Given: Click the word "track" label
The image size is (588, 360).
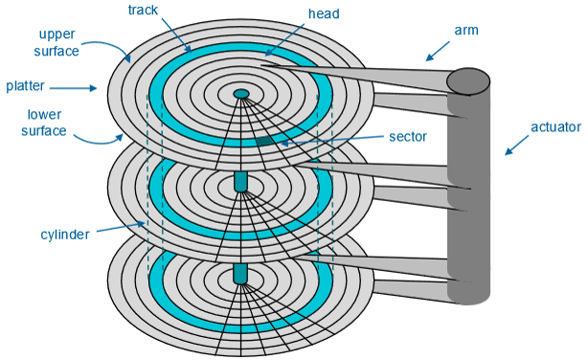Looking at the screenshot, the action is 143,10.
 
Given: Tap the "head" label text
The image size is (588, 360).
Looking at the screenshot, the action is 324,13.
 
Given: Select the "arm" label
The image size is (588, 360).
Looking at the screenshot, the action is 466,30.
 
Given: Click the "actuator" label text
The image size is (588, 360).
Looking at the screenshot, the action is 555,127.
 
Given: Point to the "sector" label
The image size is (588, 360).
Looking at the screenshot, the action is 408,137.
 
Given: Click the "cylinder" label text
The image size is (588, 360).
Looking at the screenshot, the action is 65,235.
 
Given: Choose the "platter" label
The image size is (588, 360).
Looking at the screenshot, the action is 25,86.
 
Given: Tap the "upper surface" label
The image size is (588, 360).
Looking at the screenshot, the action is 57,42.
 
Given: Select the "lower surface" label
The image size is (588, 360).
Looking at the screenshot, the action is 44,123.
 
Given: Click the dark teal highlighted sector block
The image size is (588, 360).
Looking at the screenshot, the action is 263,142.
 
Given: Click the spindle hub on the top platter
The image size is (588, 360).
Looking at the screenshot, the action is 241,94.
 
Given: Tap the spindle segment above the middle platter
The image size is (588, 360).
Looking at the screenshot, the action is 240,182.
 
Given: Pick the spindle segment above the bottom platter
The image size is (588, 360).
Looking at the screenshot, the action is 240,274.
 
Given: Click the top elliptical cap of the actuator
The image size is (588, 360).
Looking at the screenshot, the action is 468,80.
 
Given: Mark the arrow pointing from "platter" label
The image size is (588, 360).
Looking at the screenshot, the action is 74,88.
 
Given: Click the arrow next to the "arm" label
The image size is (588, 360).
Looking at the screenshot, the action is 438,51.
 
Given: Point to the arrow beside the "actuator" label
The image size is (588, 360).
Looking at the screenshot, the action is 516,146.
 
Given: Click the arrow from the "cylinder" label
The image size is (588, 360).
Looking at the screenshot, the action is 121,227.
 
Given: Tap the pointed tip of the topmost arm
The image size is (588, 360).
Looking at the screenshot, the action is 261,66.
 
